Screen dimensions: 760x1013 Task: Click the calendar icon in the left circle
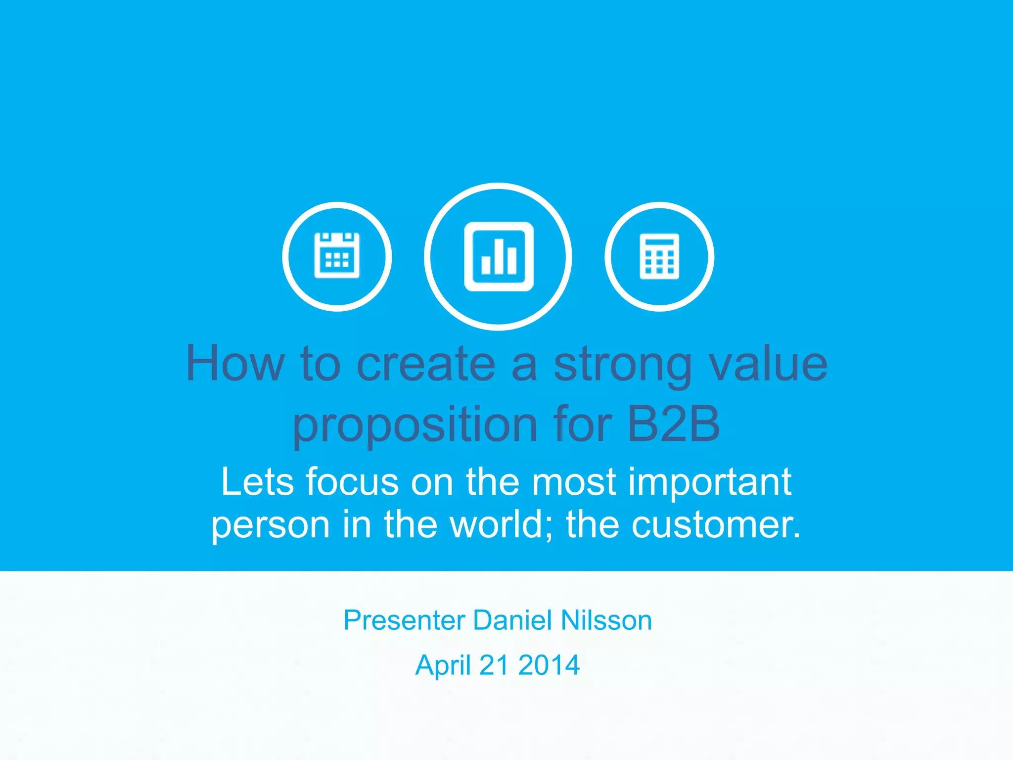[337, 256]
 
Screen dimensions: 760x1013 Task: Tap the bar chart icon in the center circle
[499, 256]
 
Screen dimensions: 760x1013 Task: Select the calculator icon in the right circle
[659, 256]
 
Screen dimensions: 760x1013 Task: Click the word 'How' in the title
[235, 364]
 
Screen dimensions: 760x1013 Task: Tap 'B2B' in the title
[673, 425]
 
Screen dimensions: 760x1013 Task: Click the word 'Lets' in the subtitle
[257, 481]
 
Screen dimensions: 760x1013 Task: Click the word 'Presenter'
[405, 620]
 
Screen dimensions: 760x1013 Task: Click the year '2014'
[549, 665]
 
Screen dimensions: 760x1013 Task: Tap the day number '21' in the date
[494, 665]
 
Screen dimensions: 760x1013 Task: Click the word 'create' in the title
[426, 364]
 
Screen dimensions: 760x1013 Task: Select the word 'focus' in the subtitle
[352, 481]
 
